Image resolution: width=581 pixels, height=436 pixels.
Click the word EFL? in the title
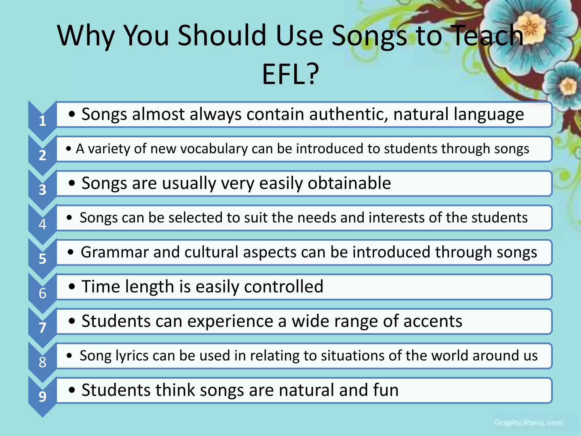[290, 74]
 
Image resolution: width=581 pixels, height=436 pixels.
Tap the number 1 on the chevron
[43, 121]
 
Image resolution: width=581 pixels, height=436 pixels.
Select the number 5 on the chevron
[43, 259]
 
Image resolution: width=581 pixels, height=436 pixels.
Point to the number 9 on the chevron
[43, 396]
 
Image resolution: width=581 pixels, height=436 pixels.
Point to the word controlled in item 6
[283, 286]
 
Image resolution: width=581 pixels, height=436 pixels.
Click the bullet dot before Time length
[72, 287]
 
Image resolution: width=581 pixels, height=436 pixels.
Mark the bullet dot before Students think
[72, 390]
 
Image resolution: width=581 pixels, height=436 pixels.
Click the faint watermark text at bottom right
[528, 423]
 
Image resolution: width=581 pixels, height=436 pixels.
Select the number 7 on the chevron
[43, 328]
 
